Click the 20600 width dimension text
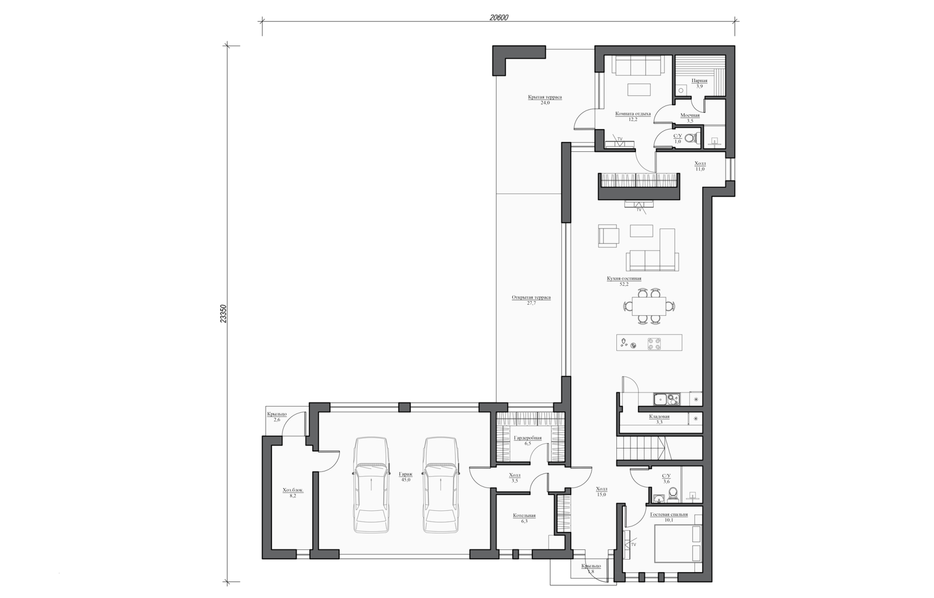[499, 18]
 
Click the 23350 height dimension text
[223, 314]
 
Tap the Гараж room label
[406, 474]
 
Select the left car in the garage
[372, 485]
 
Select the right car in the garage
[440, 485]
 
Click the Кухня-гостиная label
[624, 279]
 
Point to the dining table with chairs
[649, 307]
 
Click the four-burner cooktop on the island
[654, 344]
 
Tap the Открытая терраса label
[531, 297]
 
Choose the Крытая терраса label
[545, 97]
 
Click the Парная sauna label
[699, 81]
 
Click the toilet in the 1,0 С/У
[691, 138]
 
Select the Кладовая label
[659, 417]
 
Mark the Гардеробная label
[528, 438]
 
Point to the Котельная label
[524, 515]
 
